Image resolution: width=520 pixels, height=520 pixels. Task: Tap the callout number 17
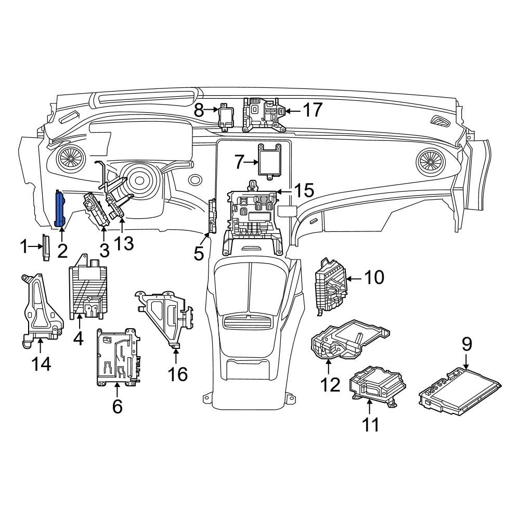coord(313,110)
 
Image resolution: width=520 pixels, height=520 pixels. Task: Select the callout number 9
coord(466,345)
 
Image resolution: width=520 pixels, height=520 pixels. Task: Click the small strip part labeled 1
coord(46,248)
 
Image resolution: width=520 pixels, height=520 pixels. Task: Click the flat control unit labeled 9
coord(461,391)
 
